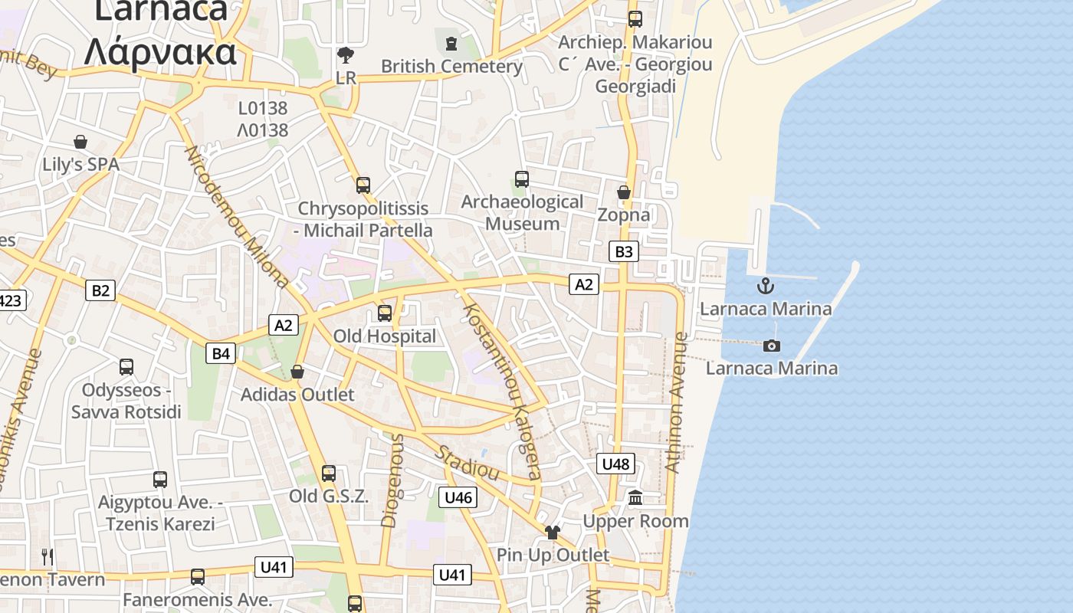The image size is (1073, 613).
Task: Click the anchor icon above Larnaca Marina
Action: point(765,287)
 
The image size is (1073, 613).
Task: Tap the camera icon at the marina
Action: point(772,346)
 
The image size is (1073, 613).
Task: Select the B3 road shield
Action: point(624,251)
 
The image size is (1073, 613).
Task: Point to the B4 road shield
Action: point(221,353)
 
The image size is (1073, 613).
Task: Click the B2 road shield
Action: point(100,290)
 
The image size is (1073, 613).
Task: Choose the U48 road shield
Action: point(615,464)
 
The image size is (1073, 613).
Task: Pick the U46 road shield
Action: point(458,497)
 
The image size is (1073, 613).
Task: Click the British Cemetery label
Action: point(451,67)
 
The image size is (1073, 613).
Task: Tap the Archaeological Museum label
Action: point(522,213)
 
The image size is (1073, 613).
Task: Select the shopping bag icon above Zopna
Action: point(624,192)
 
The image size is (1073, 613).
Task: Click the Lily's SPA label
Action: point(80,165)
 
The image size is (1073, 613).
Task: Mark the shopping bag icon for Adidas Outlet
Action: point(297,372)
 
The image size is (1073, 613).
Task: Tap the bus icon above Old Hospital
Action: point(385,313)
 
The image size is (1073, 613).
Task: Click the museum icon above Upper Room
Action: point(635,499)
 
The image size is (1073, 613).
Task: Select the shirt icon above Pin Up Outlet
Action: point(553,532)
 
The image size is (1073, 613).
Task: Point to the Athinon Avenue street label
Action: point(675,402)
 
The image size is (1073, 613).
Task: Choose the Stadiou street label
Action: point(467,462)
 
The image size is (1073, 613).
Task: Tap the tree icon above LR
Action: point(346,55)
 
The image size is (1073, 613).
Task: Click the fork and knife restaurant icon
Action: point(48,556)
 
